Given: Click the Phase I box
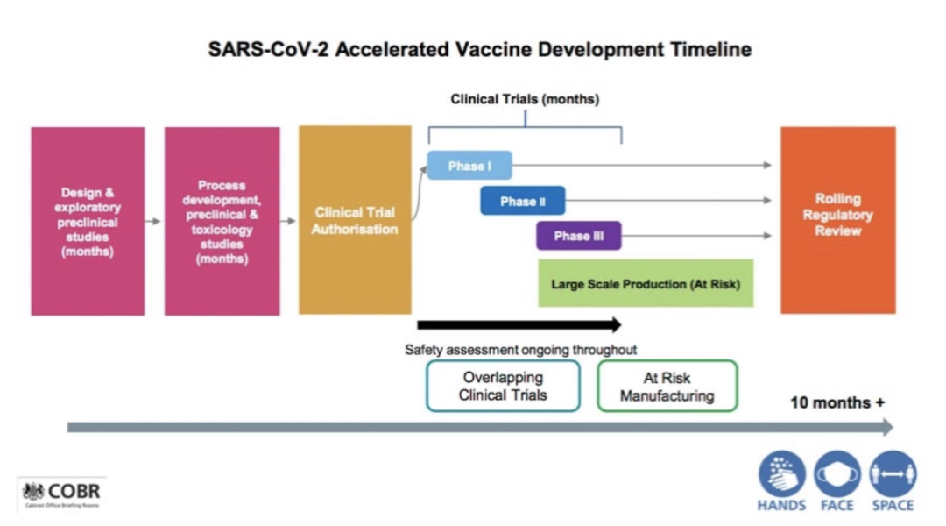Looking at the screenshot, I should coord(469,166).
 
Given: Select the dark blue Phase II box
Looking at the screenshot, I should coord(522,201).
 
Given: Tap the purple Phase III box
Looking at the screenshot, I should coord(578,236).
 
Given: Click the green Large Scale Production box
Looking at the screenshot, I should coord(646,283).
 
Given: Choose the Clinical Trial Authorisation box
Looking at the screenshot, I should coord(355,220).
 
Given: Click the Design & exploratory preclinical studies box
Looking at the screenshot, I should coord(88,221).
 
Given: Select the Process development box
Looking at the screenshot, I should coord(222,221).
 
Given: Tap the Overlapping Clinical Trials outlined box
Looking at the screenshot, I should coord(503,386).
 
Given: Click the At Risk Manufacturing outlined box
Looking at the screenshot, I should coord(667,386).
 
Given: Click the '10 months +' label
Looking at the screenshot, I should coord(837,403).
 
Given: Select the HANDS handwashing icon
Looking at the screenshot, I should coord(781,474).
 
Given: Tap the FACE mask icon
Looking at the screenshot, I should coord(837,474).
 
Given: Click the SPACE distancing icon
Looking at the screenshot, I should coord(893,474).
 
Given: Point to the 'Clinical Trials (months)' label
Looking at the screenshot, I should coord(525,99).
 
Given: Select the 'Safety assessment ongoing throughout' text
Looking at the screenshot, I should coord(520,350).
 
